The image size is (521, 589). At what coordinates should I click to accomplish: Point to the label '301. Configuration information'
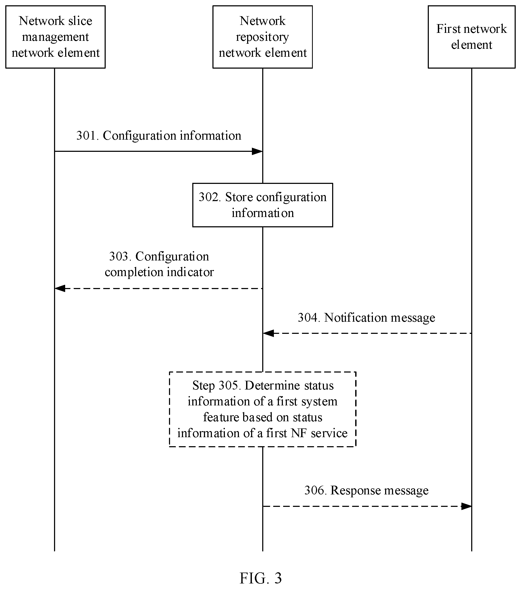click(x=159, y=136)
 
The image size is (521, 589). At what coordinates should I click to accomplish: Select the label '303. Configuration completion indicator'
click(x=159, y=264)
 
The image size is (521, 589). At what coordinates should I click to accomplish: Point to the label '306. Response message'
click(x=366, y=490)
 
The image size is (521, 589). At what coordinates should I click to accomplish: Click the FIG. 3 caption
click(x=261, y=578)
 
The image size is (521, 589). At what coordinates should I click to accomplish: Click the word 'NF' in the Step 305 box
click(x=299, y=433)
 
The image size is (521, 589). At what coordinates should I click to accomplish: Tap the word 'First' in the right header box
click(x=448, y=29)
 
